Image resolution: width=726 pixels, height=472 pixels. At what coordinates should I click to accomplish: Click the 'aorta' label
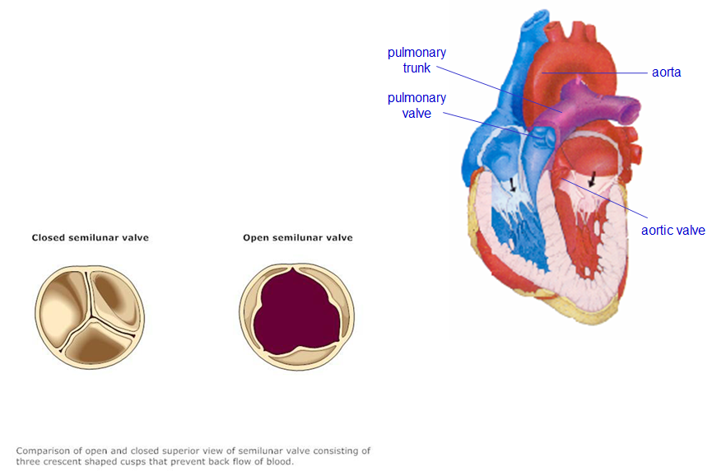click(x=666, y=72)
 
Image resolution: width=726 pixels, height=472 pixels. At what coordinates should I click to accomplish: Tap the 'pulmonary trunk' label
click(x=417, y=60)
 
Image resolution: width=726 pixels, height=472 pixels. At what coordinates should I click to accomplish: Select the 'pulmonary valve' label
click(x=417, y=105)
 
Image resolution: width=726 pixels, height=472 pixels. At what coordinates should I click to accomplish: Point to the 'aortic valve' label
click(x=672, y=231)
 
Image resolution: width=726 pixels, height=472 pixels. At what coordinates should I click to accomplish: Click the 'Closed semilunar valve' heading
click(x=90, y=238)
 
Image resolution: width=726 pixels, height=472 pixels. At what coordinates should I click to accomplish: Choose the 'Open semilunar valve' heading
click(x=297, y=238)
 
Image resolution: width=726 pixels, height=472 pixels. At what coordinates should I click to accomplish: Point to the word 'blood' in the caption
click(x=277, y=461)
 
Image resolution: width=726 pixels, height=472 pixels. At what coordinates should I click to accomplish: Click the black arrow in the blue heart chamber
click(x=512, y=183)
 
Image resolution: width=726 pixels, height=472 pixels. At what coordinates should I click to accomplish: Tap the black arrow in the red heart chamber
click(x=591, y=178)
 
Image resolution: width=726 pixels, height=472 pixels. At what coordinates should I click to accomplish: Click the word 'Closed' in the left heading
click(x=48, y=238)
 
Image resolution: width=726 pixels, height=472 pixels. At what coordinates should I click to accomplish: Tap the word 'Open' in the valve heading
click(x=256, y=238)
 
